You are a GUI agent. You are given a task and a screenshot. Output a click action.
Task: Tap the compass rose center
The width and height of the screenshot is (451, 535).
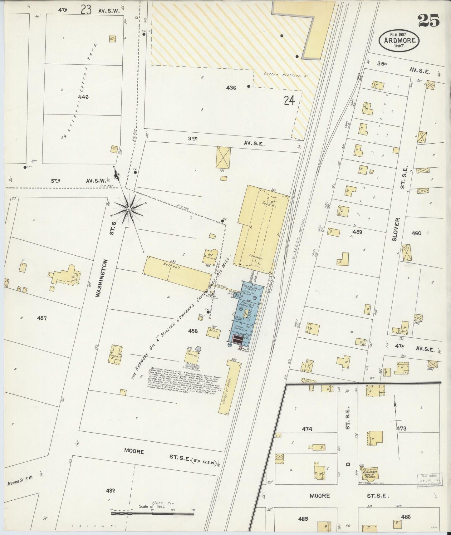coord(128,209)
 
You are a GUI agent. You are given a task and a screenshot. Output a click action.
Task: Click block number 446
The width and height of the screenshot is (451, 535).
coord(83,97)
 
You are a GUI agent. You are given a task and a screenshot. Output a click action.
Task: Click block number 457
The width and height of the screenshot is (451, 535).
coord(42,318)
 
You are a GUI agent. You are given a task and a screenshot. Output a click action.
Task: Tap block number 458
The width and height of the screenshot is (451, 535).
coord(193,331)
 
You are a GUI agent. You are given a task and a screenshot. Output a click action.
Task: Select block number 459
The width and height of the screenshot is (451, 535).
coord(357,232)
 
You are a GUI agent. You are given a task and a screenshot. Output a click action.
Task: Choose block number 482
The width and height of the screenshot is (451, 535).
coord(110,491)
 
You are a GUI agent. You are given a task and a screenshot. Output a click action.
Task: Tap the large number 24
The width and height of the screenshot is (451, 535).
coord(289,101)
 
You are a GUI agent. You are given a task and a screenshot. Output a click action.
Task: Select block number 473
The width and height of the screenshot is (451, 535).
coord(401,429)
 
